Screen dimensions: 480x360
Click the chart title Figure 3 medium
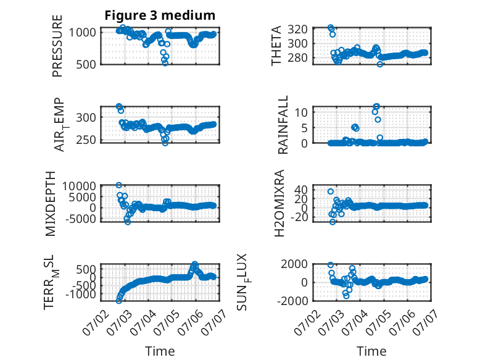pos(160,15)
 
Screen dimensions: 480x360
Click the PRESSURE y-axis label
pos(57,46)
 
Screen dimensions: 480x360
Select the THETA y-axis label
pos(276,46)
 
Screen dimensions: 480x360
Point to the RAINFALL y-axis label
pos(283,125)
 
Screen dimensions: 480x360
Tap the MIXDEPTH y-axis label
pos(50,204)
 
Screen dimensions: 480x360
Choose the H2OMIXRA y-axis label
pos(279,203)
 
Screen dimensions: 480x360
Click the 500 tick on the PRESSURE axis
pos(86,64)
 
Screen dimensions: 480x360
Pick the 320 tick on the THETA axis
pos(297,30)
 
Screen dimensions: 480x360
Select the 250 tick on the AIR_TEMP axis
pos(86,140)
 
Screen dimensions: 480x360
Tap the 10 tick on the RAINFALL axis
pos(301,112)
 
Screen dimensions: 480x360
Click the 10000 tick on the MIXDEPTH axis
pos(79,186)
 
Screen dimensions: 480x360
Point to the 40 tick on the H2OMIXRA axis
pos(301,190)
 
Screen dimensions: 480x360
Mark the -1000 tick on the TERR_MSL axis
pos(80,294)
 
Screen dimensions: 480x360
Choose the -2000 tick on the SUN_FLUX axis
pos(292,301)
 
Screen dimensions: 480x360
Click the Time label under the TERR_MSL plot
pos(160,351)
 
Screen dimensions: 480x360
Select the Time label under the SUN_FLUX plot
pos(371,351)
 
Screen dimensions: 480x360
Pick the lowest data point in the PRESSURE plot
pos(165,63)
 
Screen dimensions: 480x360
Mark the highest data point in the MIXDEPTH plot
pos(119,185)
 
